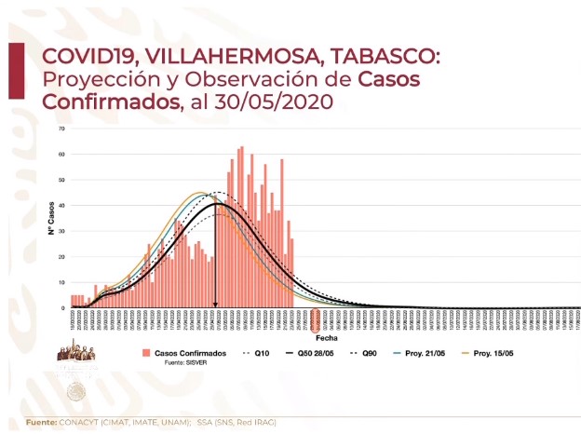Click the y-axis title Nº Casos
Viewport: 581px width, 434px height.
click(52, 216)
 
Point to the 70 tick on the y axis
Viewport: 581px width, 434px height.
click(61, 129)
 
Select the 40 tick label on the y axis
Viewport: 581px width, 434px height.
click(61, 205)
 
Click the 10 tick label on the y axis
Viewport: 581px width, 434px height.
click(61, 282)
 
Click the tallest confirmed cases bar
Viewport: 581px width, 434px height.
click(242, 226)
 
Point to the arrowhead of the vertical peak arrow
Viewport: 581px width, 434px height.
click(216, 304)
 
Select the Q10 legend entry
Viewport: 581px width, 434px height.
click(258, 353)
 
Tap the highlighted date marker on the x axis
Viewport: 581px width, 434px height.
click(316, 320)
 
